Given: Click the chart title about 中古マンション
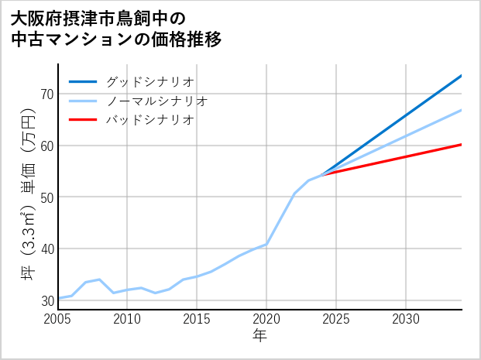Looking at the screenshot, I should [116, 29].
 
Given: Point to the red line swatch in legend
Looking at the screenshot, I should [83, 120].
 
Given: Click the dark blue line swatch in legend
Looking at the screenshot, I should [83, 81].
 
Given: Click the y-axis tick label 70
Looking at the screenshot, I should [46, 94].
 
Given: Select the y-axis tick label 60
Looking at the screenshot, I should [46, 146].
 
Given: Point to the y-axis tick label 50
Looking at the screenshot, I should [46, 197].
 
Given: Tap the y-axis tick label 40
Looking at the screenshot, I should [46, 249].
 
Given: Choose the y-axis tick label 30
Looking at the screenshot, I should [46, 300].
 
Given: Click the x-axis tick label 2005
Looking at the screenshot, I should [58, 319].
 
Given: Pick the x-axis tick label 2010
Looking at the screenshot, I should [128, 319].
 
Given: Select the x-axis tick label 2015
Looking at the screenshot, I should [198, 319].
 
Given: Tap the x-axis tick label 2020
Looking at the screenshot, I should [266, 319].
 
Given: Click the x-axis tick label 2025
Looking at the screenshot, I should [336, 319].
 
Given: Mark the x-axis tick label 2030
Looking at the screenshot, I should [406, 319].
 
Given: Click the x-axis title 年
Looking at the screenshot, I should [259, 337].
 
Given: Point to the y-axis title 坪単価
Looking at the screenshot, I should [28, 194].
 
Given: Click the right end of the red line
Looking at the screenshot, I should [461, 145].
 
